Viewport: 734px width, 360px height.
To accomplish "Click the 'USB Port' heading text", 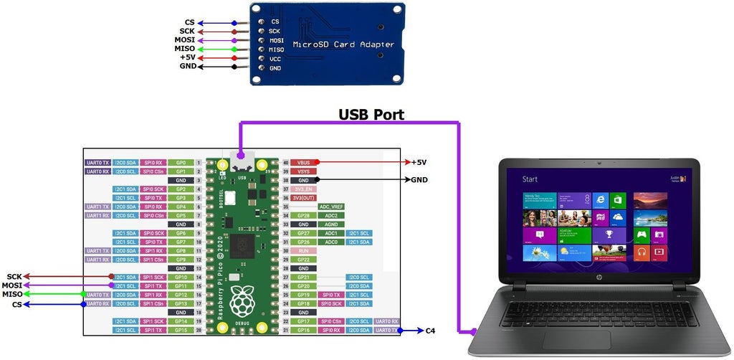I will coord(371,114).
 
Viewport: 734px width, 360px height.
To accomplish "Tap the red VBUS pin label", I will coord(303,163).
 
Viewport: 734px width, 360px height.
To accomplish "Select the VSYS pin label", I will coord(303,171).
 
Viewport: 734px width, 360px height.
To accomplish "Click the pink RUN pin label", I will coord(303,250).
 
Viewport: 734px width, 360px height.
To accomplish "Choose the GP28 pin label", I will coord(303,215).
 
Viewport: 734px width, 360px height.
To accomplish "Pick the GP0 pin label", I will coord(181,163).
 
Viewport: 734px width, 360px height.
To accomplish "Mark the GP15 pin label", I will coord(181,330).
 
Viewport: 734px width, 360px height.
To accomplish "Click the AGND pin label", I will coord(331,224).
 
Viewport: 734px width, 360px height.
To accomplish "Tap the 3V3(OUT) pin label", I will coord(303,198).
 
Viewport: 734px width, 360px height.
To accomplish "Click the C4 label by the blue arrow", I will coord(430,331).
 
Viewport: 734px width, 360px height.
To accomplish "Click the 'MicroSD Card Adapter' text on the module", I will coord(343,44).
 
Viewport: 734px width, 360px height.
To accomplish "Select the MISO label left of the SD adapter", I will coord(184,48).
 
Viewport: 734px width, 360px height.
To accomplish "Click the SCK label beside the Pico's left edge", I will coord(14,277).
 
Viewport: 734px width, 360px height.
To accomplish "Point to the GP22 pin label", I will coord(303,259).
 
